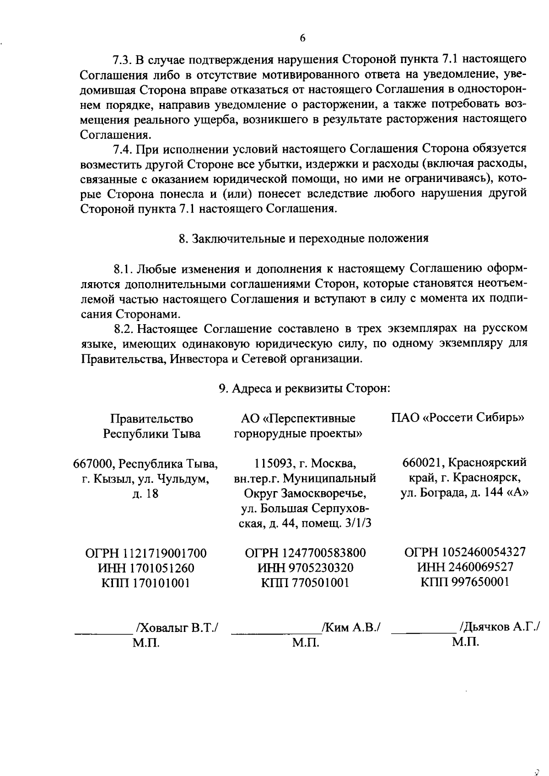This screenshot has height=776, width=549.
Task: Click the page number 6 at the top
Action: pyautogui.click(x=302, y=39)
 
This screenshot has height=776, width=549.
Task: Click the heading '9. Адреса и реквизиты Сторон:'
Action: pyautogui.click(x=304, y=389)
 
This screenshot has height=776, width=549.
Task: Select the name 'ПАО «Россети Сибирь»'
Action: pyautogui.click(x=458, y=418)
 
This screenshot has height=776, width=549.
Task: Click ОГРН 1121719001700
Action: pyautogui.click(x=146, y=554)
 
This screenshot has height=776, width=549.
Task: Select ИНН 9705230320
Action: pyautogui.click(x=306, y=568)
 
